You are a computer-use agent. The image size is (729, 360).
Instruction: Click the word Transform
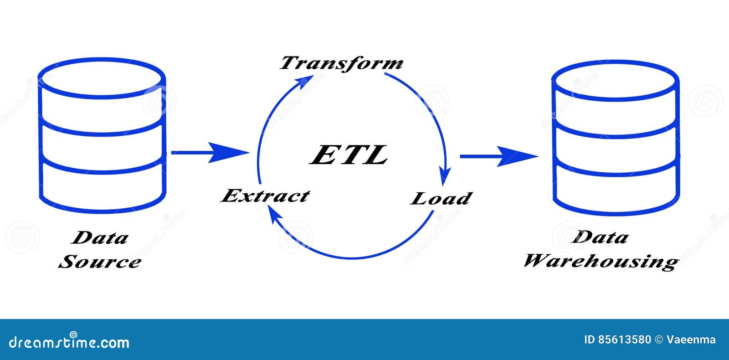pos(341,63)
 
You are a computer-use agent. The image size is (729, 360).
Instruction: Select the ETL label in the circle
pos(349,155)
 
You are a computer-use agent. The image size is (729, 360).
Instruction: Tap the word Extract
pos(265,195)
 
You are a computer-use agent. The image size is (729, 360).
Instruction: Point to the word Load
pos(441,199)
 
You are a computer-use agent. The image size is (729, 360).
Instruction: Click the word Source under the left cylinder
pos(100,262)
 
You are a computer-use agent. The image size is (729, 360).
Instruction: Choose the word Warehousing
pos(601,262)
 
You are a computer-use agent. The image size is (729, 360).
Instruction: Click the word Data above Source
pos(100,237)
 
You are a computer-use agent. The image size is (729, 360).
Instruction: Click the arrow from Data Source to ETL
pos(210,152)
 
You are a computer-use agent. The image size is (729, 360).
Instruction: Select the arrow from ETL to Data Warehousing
pos(499,157)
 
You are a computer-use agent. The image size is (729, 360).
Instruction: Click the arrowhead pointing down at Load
pos(445,176)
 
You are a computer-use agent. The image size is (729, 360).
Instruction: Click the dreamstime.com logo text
pos(69,342)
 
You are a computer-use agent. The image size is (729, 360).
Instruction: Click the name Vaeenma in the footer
pos(691,340)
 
